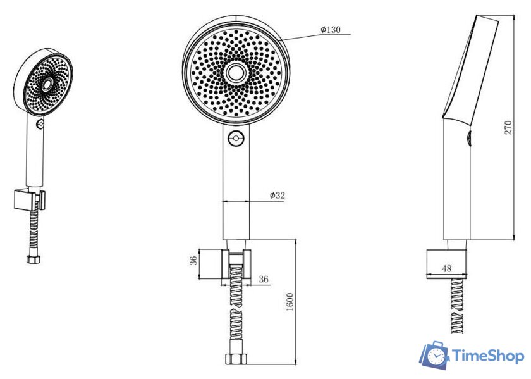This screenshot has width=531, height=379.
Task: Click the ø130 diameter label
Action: pos(331,30)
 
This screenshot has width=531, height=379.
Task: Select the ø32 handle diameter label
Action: pos(278,196)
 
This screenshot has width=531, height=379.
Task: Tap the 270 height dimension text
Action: pos(508,127)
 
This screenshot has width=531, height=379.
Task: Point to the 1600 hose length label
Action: pos(290,302)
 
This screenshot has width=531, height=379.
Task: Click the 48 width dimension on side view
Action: pos(447,268)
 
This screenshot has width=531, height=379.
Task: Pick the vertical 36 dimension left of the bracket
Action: pos(193,260)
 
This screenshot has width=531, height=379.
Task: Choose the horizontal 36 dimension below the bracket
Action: pos(264,279)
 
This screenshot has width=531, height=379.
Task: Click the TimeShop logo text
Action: pos(487,356)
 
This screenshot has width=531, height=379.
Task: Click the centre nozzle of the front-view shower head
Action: pos(235,73)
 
